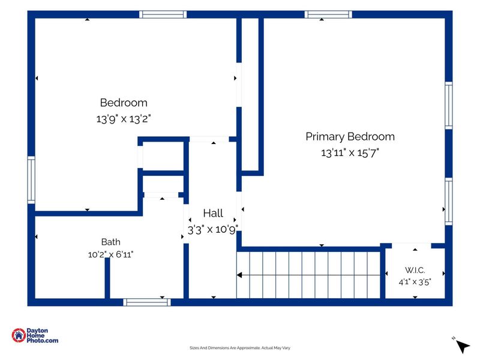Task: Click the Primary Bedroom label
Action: tap(350, 137)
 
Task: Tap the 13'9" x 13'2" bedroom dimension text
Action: tap(124, 119)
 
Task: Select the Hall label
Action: tap(213, 213)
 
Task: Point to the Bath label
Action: tap(110, 242)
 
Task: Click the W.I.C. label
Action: tap(415, 270)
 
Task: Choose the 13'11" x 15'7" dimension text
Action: tap(350, 152)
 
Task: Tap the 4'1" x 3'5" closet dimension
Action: tap(415, 282)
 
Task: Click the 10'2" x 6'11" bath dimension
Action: tap(110, 254)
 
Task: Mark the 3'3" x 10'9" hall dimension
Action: tap(213, 230)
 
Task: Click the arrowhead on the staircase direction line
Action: tap(239, 275)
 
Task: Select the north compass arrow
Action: tap(463, 347)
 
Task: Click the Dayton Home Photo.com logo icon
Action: tap(19, 335)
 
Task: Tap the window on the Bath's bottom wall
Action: tap(147, 302)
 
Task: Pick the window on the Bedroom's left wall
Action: tap(31, 180)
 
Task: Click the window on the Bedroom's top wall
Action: tap(163, 14)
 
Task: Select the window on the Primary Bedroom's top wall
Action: tap(328, 14)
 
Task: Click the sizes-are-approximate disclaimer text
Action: tap(239, 348)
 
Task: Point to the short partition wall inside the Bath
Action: tap(107, 278)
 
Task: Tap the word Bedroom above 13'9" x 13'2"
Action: tap(124, 103)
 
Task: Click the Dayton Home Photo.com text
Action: tap(42, 335)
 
